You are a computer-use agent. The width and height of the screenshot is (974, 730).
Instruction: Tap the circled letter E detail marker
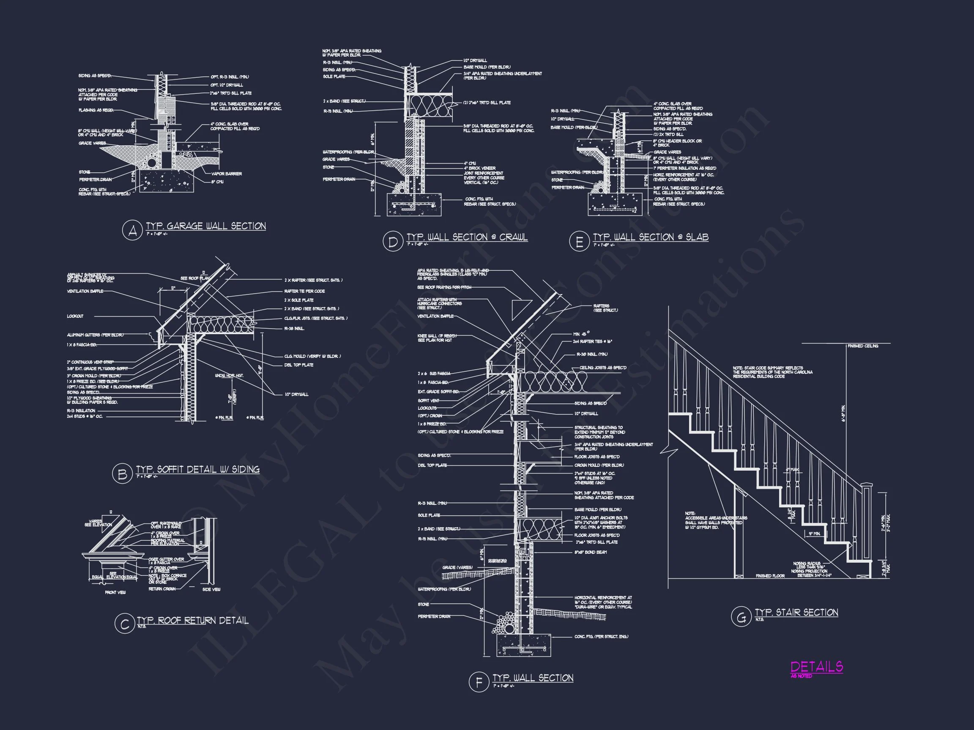(579, 242)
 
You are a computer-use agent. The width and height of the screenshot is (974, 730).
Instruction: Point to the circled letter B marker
(122, 474)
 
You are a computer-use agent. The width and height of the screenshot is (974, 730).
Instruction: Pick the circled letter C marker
(124, 624)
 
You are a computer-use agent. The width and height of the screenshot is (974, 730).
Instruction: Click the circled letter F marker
(479, 682)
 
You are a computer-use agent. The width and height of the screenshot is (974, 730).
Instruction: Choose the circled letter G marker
(741, 616)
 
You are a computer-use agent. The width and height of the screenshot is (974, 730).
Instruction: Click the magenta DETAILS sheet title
(817, 667)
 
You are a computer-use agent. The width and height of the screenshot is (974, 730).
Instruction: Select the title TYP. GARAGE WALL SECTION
(205, 226)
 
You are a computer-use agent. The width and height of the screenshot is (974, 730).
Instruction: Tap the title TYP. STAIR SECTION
(796, 612)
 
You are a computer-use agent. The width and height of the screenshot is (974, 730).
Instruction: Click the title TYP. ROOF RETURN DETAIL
(192, 621)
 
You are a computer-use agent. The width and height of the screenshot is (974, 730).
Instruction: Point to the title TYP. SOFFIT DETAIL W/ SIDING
(197, 469)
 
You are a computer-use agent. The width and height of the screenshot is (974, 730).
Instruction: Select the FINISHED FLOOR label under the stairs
(770, 575)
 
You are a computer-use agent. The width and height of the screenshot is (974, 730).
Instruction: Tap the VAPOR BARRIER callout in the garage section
(226, 174)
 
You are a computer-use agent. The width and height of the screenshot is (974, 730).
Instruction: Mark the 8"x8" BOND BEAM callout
(591, 552)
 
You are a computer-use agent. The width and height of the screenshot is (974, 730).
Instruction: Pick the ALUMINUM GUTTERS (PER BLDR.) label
(95, 335)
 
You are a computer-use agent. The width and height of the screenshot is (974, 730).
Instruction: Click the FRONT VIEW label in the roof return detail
(115, 592)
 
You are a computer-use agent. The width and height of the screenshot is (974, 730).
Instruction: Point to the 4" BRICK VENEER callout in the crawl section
(479, 168)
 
